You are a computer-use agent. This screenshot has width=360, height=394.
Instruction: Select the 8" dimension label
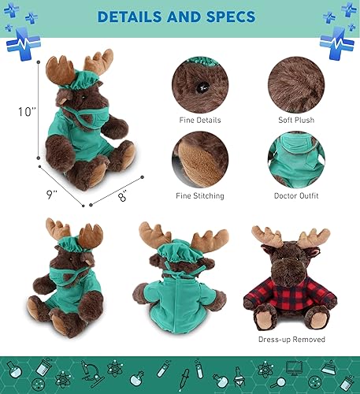123,197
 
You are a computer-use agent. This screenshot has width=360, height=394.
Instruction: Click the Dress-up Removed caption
291,340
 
